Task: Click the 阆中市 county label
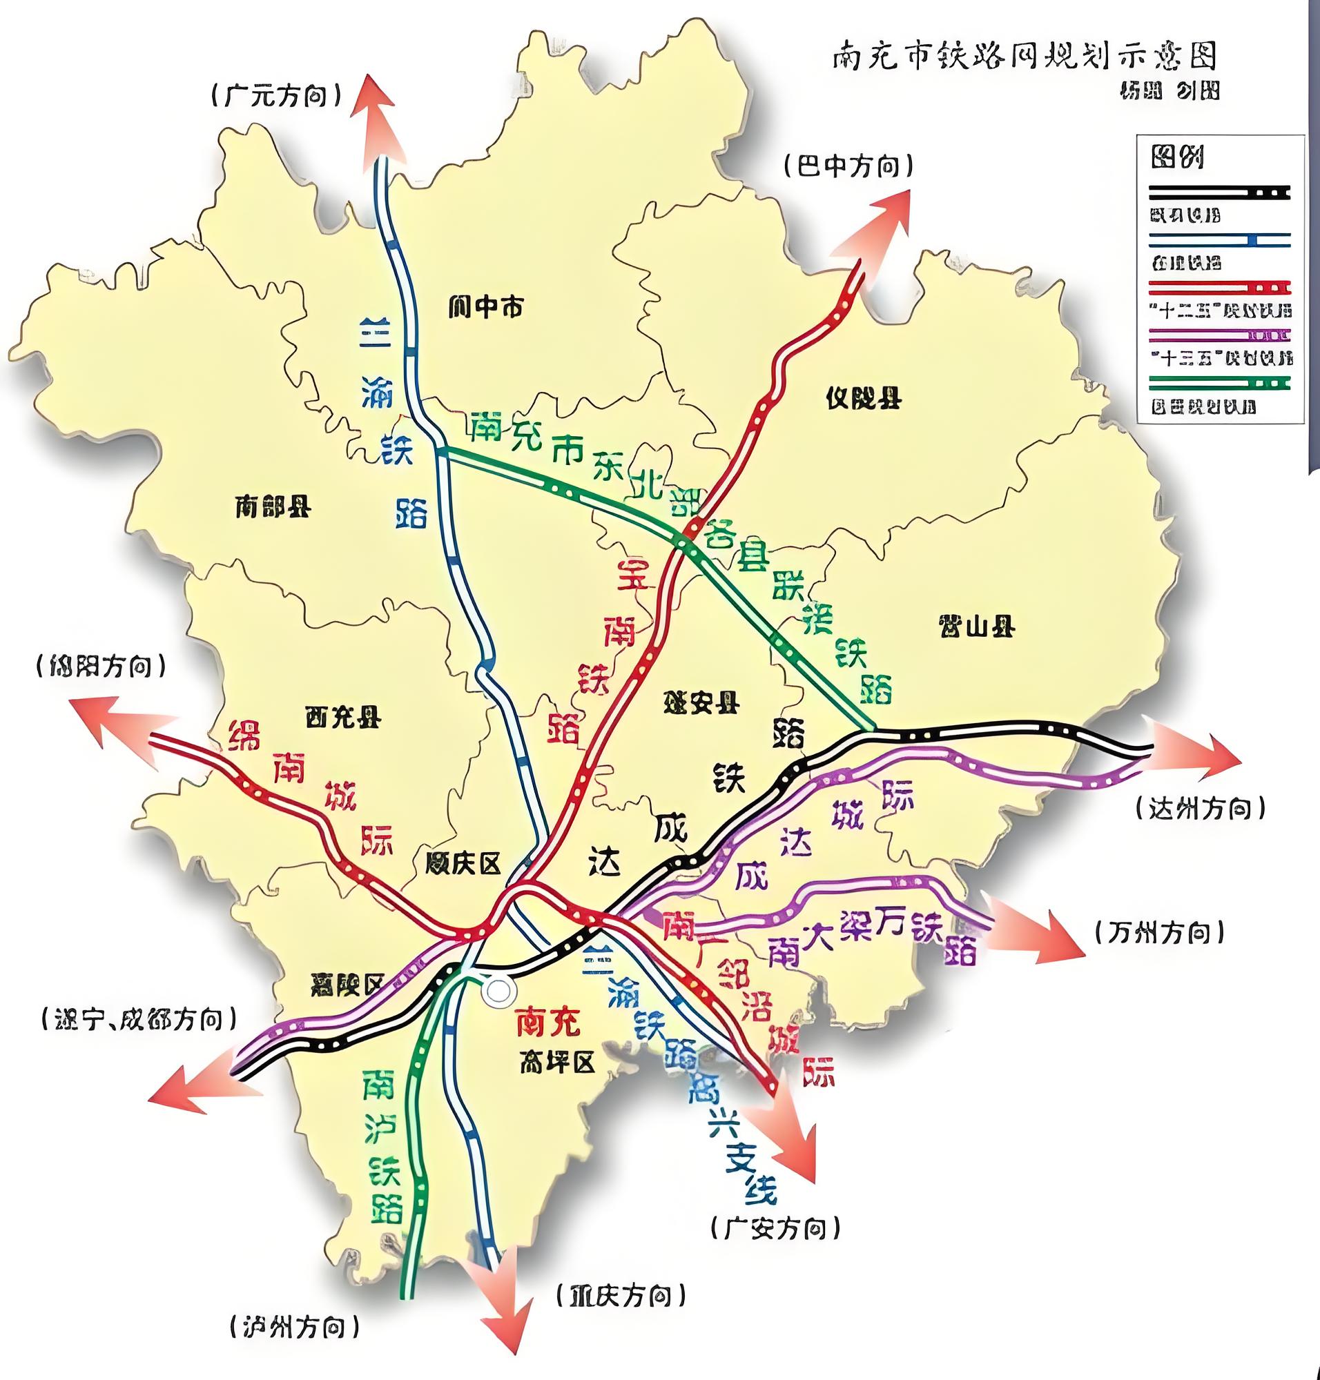(485, 307)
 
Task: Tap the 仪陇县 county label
(864, 399)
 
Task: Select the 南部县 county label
(272, 506)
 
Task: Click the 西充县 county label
(342, 718)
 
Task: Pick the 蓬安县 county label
(700, 702)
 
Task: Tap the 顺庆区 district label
(463, 864)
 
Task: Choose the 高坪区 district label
(557, 1063)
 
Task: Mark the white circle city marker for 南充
(499, 991)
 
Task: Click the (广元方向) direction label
(276, 96)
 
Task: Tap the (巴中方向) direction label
(848, 167)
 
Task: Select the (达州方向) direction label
(1201, 809)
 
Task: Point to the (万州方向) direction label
(1160, 933)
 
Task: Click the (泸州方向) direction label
(294, 1328)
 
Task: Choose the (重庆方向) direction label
(621, 1295)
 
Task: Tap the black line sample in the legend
(1219, 192)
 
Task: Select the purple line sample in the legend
(1219, 335)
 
